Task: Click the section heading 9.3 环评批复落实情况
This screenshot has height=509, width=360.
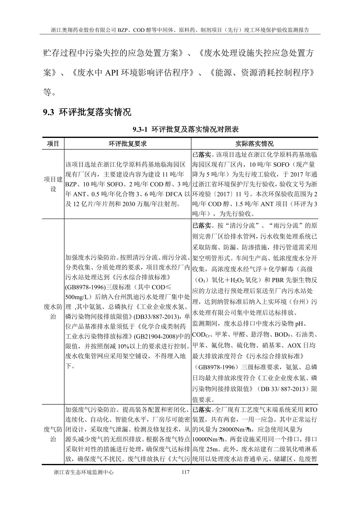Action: tap(87, 113)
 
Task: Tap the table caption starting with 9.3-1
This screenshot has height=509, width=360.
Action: tap(186, 130)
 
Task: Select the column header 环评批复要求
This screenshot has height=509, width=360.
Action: tap(128, 144)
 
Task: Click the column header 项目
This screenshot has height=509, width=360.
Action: tap(53, 144)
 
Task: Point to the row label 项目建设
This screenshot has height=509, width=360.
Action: tap(53, 184)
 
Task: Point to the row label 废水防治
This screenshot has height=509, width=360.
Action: tap(53, 312)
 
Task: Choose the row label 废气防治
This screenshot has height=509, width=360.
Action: tap(53, 434)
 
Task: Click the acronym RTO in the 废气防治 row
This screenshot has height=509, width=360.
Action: tap(311, 410)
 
